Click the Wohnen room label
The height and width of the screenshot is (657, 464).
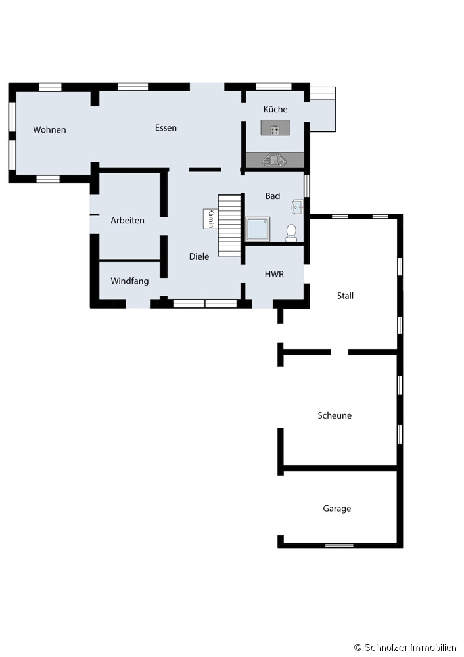pyautogui.click(x=49, y=129)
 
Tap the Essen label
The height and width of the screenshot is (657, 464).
pyautogui.click(x=166, y=128)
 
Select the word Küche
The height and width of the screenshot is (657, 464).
pyautogui.click(x=275, y=109)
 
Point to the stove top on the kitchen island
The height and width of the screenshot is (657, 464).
pyautogui.click(x=275, y=130)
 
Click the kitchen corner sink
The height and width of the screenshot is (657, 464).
pyautogui.click(x=274, y=160)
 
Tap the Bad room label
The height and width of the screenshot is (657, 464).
pyautogui.click(x=273, y=196)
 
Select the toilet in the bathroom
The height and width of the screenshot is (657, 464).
pyautogui.click(x=291, y=233)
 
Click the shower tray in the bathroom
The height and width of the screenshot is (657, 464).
pyautogui.click(x=258, y=229)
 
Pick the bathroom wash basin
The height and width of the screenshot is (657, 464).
pyautogui.click(x=298, y=206)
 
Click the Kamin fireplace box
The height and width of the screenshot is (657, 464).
pyautogui.click(x=210, y=218)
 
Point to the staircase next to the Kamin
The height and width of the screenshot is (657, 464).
pyautogui.click(x=229, y=225)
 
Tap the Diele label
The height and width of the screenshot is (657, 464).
pyautogui.click(x=199, y=256)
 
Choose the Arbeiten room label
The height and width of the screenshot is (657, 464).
pyautogui.click(x=128, y=220)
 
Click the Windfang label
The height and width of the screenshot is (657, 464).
pyautogui.click(x=129, y=281)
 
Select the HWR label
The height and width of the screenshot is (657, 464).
pyautogui.click(x=274, y=274)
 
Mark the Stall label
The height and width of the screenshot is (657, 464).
pyautogui.click(x=346, y=296)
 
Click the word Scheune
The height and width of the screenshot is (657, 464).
pyautogui.click(x=335, y=415)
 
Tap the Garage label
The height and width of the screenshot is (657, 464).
pyautogui.click(x=337, y=509)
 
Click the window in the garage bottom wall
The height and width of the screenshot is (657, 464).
pyautogui.click(x=339, y=545)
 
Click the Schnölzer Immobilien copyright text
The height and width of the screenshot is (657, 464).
pyautogui.click(x=406, y=647)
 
